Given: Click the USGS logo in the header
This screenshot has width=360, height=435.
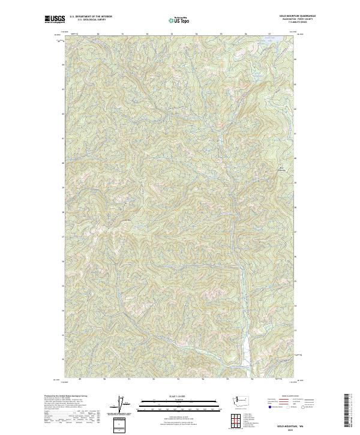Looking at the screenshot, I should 53,19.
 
